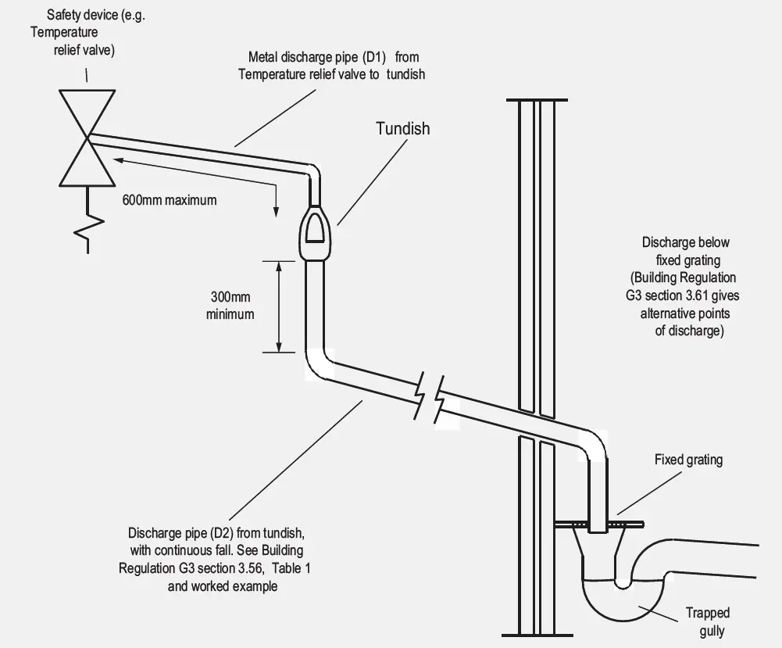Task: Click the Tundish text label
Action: pyautogui.click(x=402, y=128)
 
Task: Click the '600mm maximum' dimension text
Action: pyautogui.click(x=169, y=199)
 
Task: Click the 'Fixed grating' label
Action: pyautogui.click(x=688, y=460)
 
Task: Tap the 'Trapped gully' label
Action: pyautogui.click(x=708, y=621)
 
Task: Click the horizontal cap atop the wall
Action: pyautogui.click(x=536, y=101)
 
